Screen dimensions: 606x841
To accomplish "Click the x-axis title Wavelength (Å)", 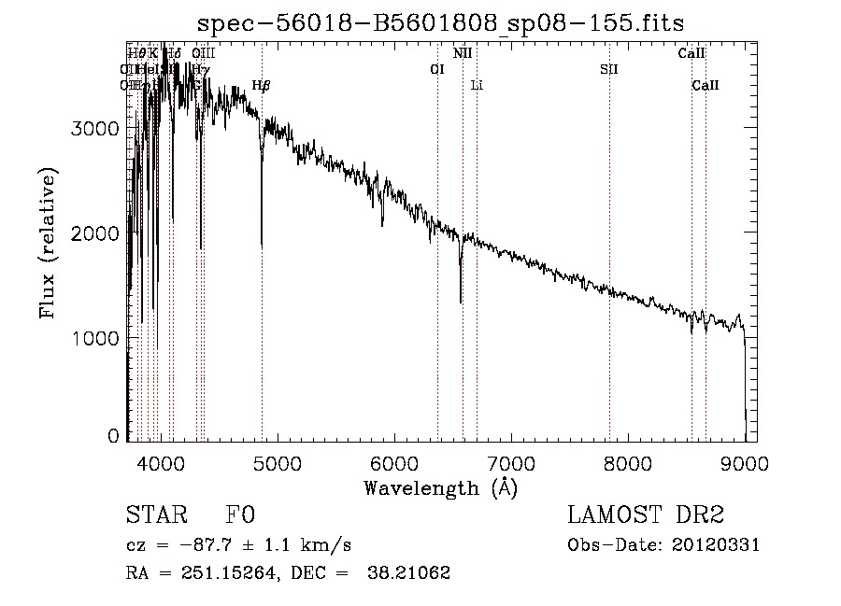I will (440, 487).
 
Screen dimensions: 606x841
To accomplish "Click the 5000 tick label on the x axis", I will (278, 463).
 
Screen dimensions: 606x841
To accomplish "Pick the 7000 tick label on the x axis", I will (511, 463).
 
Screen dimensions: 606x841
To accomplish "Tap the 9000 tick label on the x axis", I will (745, 463).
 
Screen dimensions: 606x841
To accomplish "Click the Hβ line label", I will (262, 86).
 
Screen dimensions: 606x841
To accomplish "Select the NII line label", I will (463, 53).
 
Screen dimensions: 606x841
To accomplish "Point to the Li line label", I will (477, 86).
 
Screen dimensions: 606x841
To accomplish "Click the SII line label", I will (609, 69).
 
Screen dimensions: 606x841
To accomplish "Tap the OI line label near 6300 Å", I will (436, 69).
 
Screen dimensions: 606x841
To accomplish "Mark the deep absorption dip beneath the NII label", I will (461, 301).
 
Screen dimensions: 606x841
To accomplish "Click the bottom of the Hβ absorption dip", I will (262, 245).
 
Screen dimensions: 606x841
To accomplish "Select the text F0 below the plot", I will (240, 515).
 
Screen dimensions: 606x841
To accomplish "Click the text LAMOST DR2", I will (645, 515).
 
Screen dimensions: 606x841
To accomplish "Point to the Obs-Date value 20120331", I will (716, 545).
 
